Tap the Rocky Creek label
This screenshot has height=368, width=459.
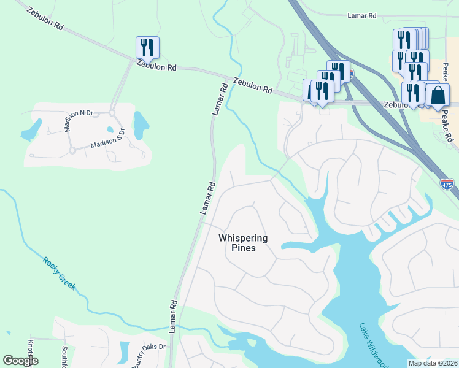coord(60,273)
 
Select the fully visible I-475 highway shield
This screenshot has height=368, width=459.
coord(447,183)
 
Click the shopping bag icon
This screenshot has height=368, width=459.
coord(438,96)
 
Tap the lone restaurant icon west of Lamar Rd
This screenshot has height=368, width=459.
coord(147,47)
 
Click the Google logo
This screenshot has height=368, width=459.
coord(20,361)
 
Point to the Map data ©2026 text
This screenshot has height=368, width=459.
coord(431,362)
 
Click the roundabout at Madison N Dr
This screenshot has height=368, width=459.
coord(112,112)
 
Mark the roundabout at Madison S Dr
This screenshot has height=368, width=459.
coord(72,150)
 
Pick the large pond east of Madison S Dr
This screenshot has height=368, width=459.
coord(141,124)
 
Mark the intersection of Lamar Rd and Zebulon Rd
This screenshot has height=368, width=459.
coord(225,75)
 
